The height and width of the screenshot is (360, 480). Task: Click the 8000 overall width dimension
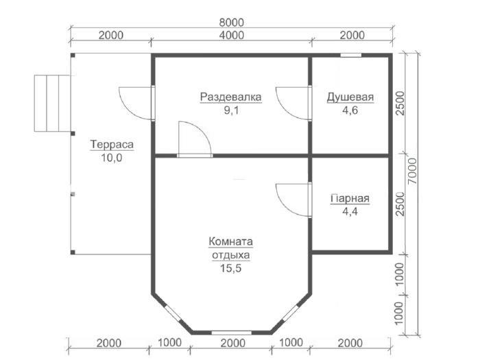click(x=232, y=23)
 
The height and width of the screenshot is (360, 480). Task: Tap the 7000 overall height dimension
click(x=413, y=171)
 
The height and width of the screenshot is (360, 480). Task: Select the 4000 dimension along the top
click(x=232, y=35)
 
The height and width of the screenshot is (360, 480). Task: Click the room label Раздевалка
click(x=231, y=97)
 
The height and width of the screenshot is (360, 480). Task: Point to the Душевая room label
click(x=350, y=97)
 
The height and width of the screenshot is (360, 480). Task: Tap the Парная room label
click(x=350, y=198)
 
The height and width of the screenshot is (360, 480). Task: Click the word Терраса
click(x=112, y=144)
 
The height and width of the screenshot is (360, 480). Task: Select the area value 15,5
click(x=231, y=268)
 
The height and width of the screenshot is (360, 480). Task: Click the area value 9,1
click(x=231, y=110)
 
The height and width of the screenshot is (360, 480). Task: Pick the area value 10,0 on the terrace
click(x=112, y=158)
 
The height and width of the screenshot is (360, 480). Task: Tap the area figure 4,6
click(x=350, y=110)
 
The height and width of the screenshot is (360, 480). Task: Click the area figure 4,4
click(x=350, y=211)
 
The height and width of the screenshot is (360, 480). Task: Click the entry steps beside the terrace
click(x=52, y=104)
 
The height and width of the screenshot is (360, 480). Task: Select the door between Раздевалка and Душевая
click(x=293, y=103)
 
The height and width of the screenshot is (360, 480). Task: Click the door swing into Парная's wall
click(x=293, y=200)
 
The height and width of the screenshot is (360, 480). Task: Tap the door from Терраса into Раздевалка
click(x=136, y=103)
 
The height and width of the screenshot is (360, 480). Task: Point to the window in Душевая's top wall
click(x=351, y=56)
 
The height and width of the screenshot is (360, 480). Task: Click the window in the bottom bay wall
click(x=232, y=333)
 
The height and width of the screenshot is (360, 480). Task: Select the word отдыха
click(x=231, y=255)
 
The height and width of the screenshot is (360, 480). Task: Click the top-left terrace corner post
click(x=73, y=56)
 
